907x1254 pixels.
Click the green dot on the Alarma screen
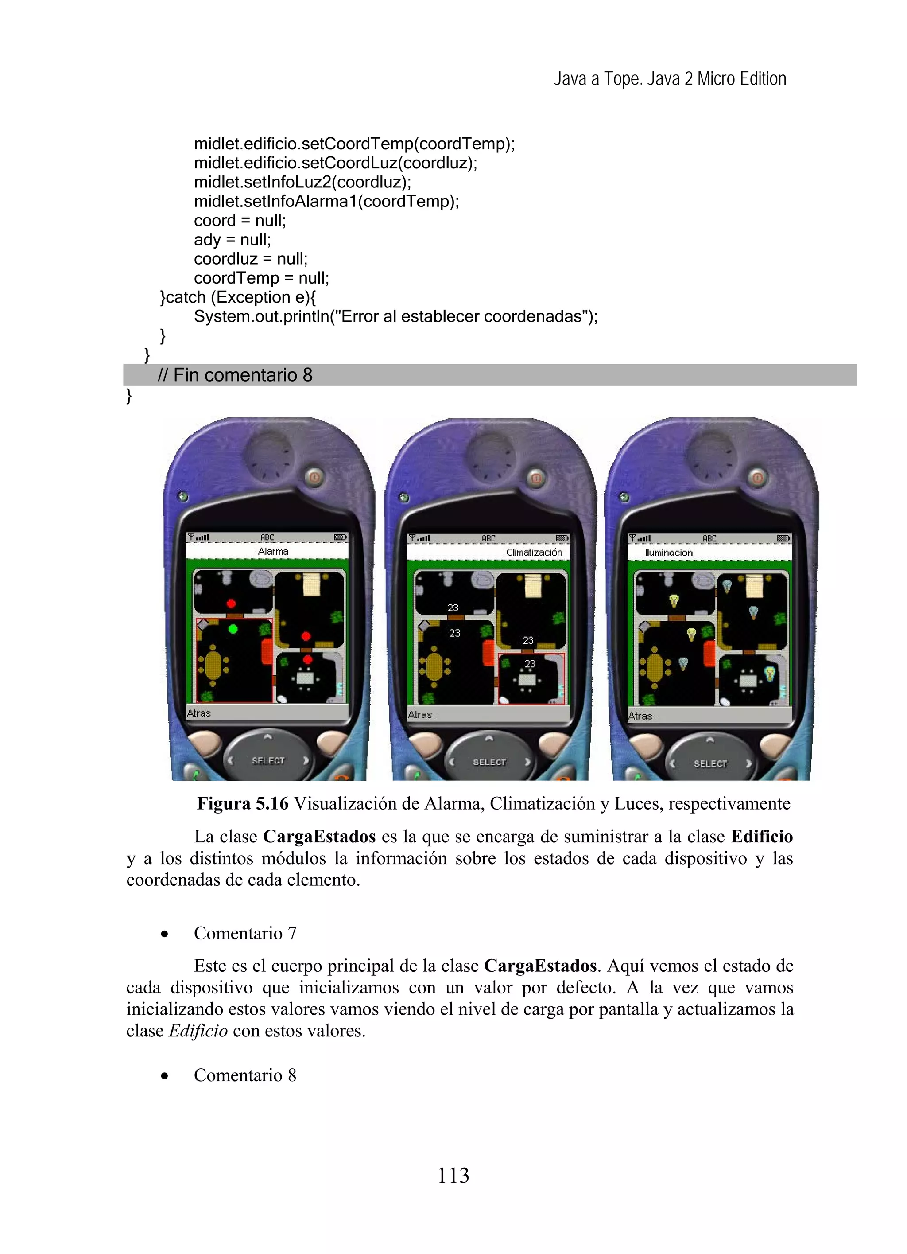click(233, 629)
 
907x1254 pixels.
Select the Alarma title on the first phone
click(273, 552)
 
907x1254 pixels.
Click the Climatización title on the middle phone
click(534, 553)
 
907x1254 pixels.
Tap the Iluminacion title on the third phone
click(669, 553)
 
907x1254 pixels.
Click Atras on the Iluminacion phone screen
click(640, 716)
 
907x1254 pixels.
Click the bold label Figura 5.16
click(242, 803)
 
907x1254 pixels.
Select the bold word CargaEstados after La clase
click(319, 837)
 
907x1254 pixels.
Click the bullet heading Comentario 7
click(245, 933)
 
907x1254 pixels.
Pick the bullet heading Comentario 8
click(245, 1075)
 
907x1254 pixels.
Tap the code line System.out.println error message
click(396, 317)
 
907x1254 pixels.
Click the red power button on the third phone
click(758, 477)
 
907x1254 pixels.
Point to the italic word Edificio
click(198, 1031)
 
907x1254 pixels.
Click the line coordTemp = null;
click(261, 278)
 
